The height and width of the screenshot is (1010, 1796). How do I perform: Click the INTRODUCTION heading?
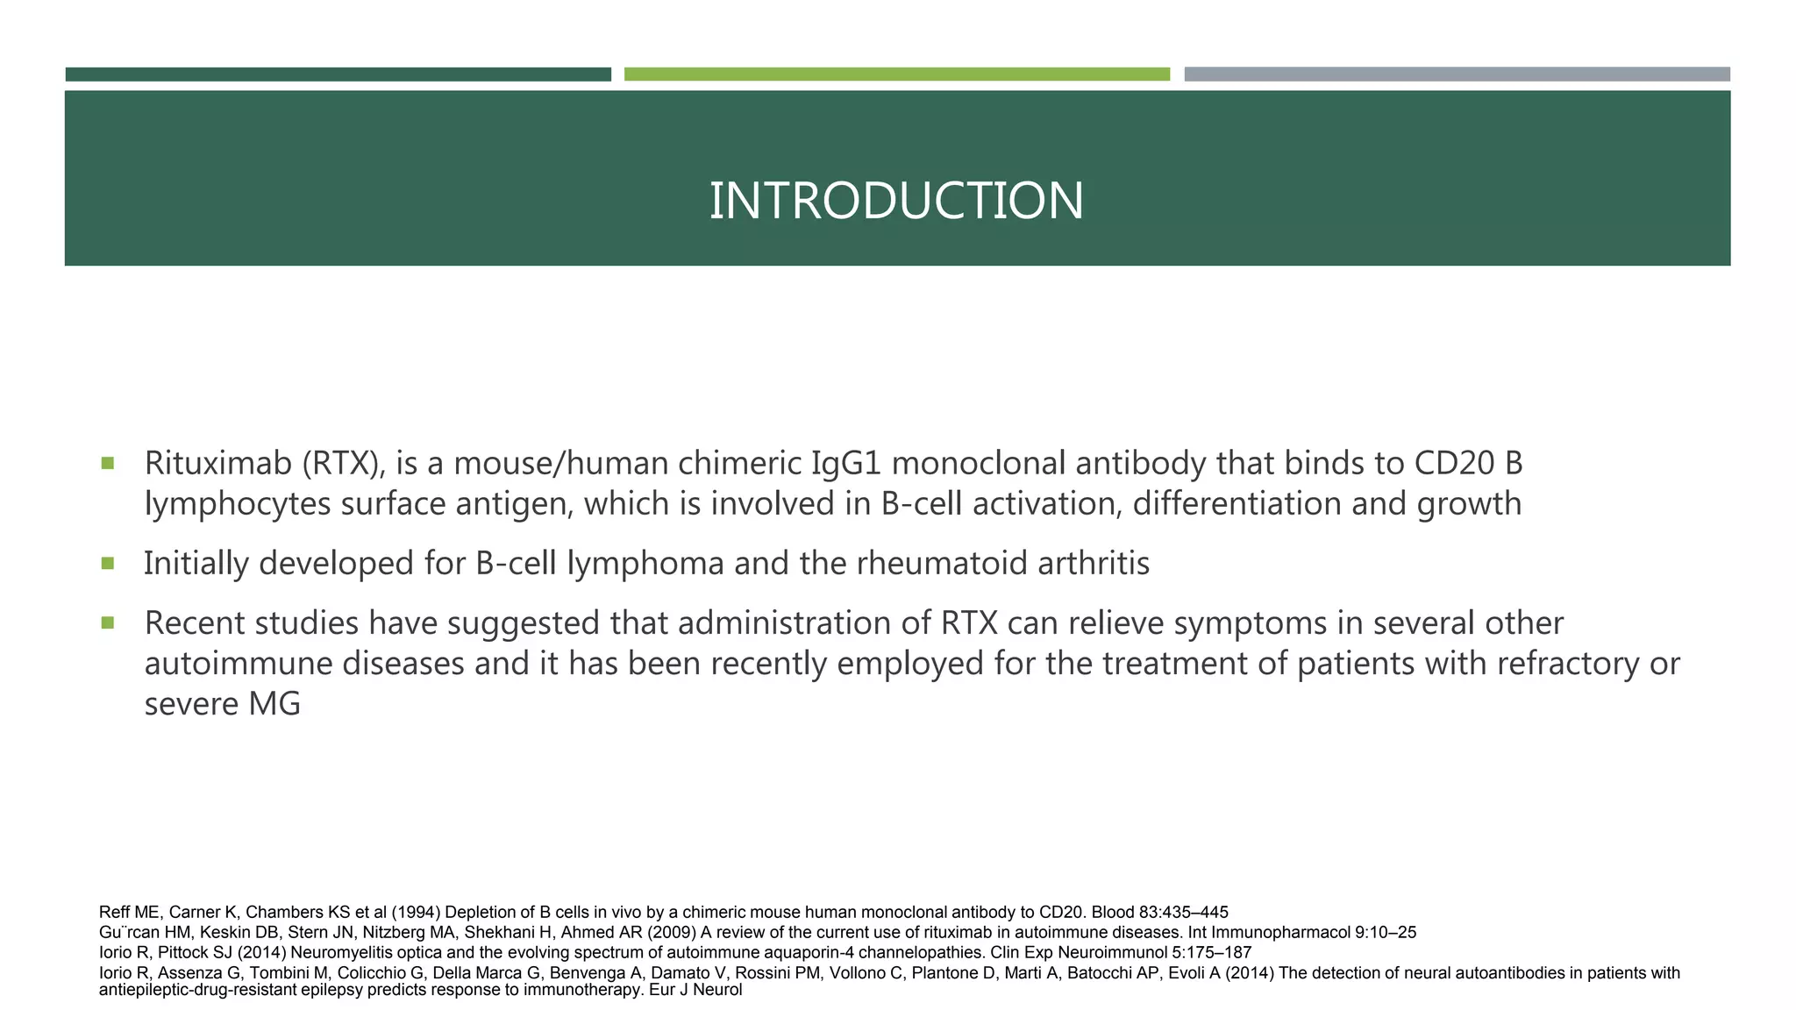pyautogui.click(x=896, y=201)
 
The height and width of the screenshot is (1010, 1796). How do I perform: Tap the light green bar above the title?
pyautogui.click(x=896, y=75)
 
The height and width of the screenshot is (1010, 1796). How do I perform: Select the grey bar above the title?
pyautogui.click(x=1457, y=75)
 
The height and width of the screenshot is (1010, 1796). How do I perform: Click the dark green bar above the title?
pyautogui.click(x=338, y=75)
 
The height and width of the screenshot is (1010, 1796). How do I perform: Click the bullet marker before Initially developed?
pyautogui.click(x=108, y=563)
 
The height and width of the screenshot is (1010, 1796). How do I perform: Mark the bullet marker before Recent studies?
pyautogui.click(x=108, y=622)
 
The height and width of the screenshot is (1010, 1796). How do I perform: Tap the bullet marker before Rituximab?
pyautogui.click(x=108, y=463)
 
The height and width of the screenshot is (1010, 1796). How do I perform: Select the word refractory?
pyautogui.click(x=1567, y=664)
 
